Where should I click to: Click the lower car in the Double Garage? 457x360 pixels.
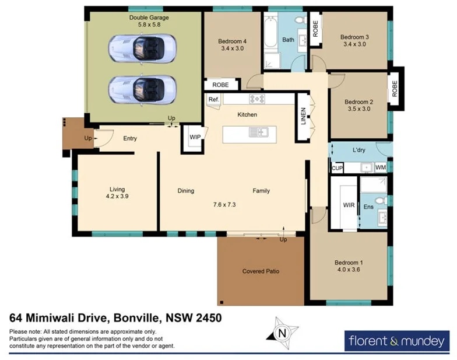[x=142, y=89]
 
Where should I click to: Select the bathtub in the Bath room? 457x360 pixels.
[x=271, y=34]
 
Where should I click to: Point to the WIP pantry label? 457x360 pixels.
[x=194, y=138]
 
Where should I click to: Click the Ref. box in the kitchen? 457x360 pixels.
[x=213, y=100]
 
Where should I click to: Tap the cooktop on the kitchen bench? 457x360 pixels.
[x=257, y=99]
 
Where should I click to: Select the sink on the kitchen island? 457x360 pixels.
[x=258, y=132]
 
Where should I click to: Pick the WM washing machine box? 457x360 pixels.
[x=381, y=167]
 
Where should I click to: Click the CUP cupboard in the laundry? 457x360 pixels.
[x=336, y=168]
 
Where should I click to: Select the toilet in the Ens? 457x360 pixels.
[x=380, y=200]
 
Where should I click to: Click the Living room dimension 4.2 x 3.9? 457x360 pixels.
[x=117, y=197]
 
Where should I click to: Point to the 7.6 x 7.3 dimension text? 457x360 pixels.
[x=224, y=205]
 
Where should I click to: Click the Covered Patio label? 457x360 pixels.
[x=261, y=271]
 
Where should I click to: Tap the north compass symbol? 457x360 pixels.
[x=283, y=333]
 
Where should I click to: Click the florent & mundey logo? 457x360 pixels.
[x=396, y=341]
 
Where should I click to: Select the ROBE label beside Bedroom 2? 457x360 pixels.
[x=395, y=88]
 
